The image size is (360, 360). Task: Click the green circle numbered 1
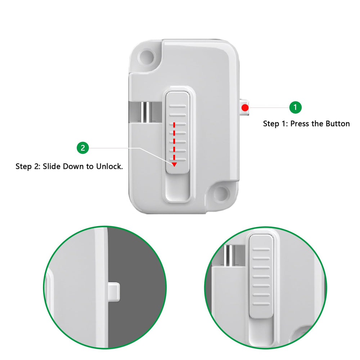(x=296, y=107)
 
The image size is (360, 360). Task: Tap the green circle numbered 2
(x=83, y=148)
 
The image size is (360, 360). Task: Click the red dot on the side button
(x=245, y=107)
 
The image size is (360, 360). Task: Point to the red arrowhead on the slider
(x=174, y=165)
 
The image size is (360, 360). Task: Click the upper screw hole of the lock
(x=147, y=56)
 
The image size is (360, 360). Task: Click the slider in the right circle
(x=261, y=275)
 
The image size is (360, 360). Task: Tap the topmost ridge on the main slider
(x=178, y=107)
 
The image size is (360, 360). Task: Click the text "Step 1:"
(x=275, y=124)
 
